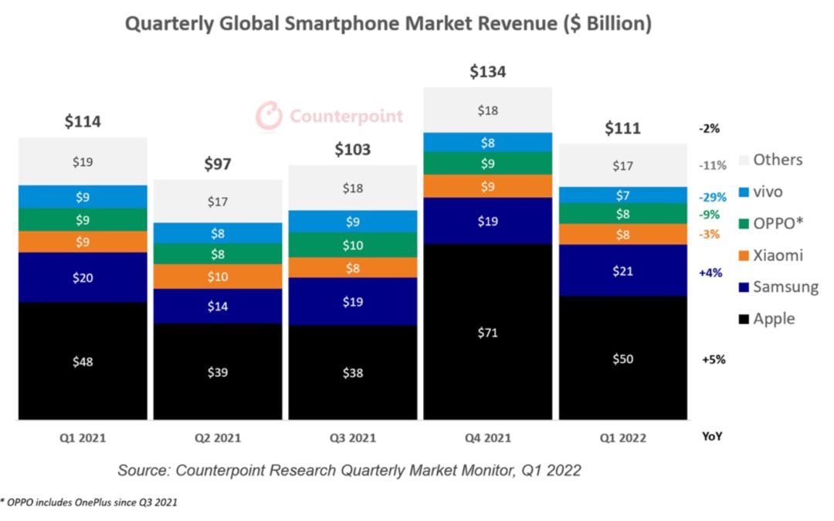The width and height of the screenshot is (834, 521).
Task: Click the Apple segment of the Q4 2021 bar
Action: click(x=487, y=333)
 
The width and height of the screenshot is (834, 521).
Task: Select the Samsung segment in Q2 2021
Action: click(x=217, y=306)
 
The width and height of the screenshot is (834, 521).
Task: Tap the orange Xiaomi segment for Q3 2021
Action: click(x=352, y=268)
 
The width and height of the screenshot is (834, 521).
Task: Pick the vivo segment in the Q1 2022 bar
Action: click(x=622, y=195)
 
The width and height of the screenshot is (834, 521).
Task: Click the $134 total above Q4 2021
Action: click(x=487, y=72)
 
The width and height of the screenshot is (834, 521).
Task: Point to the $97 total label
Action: click(x=217, y=164)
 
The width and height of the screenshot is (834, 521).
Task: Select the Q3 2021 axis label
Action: click(x=352, y=438)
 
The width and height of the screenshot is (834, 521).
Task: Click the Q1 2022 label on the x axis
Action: click(x=622, y=438)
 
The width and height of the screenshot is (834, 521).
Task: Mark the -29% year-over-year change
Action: click(x=712, y=198)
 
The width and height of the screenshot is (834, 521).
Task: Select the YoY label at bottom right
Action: click(x=711, y=436)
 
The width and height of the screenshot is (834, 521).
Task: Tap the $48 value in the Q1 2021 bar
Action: click(x=83, y=361)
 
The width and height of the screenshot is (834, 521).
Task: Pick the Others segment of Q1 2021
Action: click(x=83, y=161)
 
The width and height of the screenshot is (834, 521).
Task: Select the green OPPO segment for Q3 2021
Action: click(x=352, y=245)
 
